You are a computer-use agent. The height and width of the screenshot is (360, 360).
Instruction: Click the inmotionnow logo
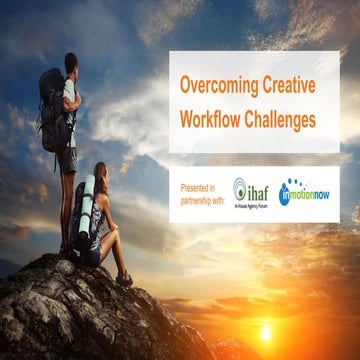click(306, 193)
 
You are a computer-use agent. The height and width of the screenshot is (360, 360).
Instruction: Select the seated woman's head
click(101, 174)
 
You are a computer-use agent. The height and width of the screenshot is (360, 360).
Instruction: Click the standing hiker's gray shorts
click(68, 158)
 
